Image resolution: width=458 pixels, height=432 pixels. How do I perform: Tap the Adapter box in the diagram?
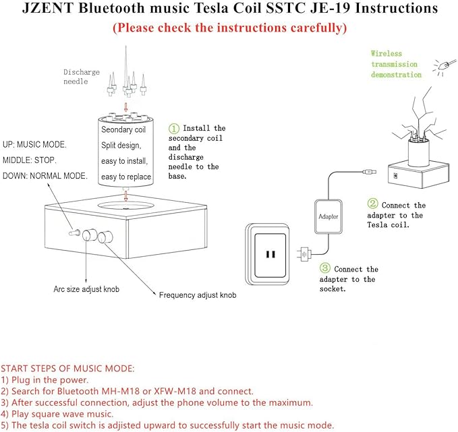click(x=328, y=217)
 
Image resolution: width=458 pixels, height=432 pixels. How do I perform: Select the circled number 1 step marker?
click(x=174, y=128)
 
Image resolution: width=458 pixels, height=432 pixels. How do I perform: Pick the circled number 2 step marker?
click(x=372, y=204)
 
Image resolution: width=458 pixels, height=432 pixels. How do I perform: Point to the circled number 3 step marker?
click(x=325, y=268)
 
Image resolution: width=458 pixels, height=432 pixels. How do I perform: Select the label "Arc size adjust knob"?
click(x=87, y=289)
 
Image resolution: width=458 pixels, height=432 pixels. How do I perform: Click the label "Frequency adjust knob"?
click(x=198, y=295)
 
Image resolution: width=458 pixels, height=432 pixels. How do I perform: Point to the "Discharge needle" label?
click(x=82, y=77)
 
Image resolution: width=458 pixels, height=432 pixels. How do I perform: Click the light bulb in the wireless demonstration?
click(x=444, y=65)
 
